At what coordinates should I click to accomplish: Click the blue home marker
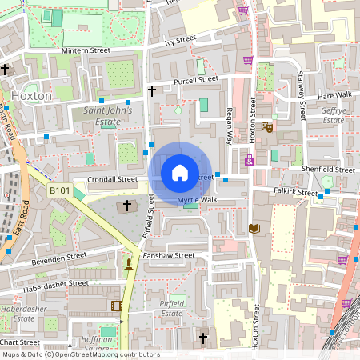[180, 173]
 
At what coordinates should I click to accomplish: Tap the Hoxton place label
[32, 95]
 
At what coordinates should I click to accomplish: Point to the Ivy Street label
[180, 41]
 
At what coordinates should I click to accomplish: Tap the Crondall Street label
[113, 180]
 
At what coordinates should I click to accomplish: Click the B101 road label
[59, 190]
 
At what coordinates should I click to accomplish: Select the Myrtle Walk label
[197, 199]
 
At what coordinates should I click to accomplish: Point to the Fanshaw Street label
[170, 255]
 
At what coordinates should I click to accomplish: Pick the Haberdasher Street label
[55, 283]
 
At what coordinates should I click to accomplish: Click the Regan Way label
[230, 125]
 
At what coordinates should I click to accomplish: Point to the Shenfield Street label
[329, 170]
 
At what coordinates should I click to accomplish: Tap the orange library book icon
[254, 229]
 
